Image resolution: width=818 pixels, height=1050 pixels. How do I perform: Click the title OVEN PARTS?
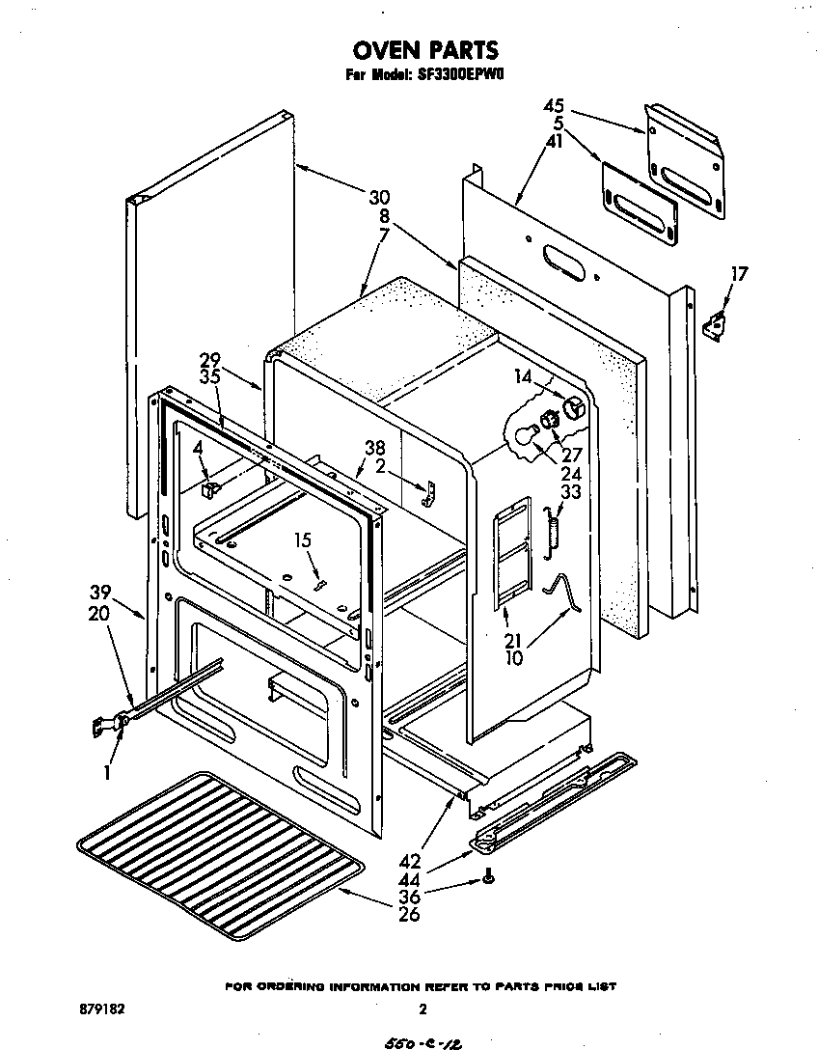click(423, 50)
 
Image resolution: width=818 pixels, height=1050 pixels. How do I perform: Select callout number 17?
click(738, 273)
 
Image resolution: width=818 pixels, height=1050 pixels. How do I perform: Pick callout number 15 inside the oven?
click(306, 543)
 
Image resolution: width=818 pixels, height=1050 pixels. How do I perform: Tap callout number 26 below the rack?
click(409, 914)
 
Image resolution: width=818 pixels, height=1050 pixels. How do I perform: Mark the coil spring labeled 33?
click(554, 532)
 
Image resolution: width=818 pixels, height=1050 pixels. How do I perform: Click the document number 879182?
click(99, 1009)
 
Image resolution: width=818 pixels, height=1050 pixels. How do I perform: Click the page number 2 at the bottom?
click(423, 1009)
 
